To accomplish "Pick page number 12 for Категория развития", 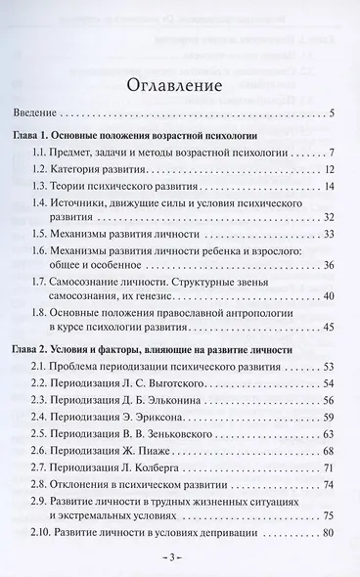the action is coord(330,170).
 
